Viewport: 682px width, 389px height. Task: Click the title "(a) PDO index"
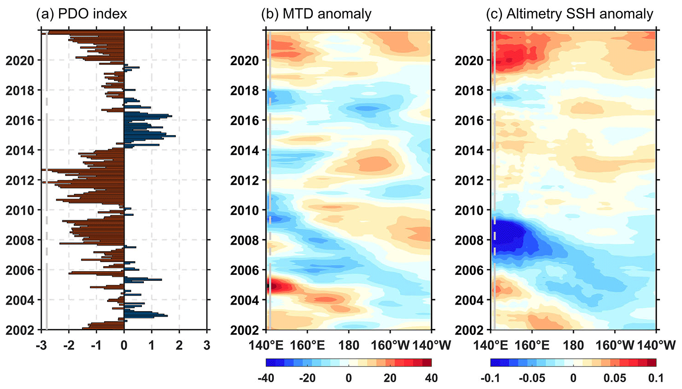(x=82, y=14)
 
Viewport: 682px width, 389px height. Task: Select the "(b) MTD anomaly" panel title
(x=316, y=14)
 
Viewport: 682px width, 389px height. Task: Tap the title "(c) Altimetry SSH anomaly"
(x=569, y=14)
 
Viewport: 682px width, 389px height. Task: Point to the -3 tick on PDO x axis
(x=41, y=345)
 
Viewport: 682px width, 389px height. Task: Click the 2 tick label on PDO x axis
(x=179, y=345)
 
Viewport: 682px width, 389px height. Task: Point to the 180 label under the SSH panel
(x=573, y=345)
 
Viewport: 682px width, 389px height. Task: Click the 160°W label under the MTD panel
(x=390, y=345)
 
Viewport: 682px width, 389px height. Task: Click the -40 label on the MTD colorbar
(x=266, y=378)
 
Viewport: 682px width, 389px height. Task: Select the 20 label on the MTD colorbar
(x=390, y=378)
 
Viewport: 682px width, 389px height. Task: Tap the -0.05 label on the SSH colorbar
(x=532, y=378)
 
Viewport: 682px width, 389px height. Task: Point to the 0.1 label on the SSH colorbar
(x=656, y=378)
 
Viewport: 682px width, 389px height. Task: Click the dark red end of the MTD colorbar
(x=427, y=362)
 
